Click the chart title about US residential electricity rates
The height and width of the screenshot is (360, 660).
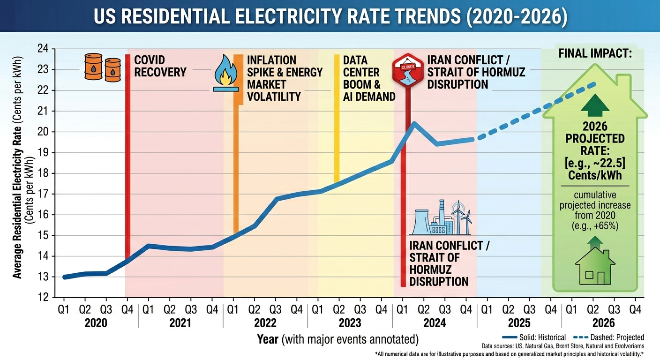click(330, 18)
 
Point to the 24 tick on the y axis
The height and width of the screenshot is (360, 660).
click(43, 49)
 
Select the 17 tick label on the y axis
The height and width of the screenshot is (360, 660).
click(43, 194)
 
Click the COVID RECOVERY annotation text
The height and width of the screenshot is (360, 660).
click(160, 66)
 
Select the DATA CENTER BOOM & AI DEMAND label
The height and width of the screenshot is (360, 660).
click(368, 78)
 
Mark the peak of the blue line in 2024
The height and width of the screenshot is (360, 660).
click(414, 124)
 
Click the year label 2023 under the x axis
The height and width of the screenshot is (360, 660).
click(349, 323)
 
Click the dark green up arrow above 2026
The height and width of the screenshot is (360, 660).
click(594, 105)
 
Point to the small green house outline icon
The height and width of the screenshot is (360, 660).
click(594, 267)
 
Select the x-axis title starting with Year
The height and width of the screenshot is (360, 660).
click(337, 339)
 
